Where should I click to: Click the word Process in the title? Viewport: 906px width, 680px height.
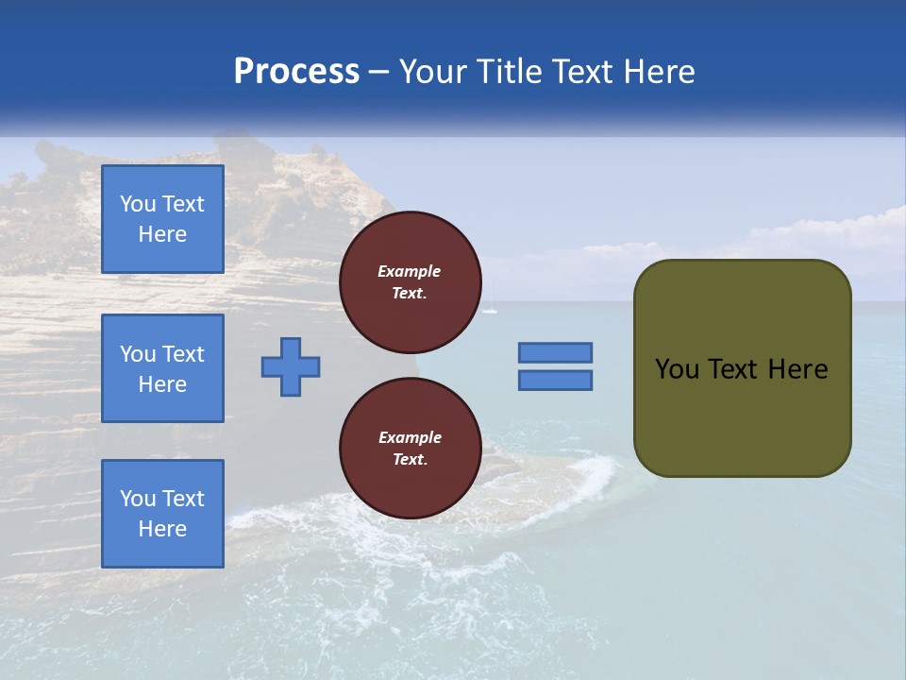click(x=296, y=72)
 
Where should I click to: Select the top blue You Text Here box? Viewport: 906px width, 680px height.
click(x=162, y=219)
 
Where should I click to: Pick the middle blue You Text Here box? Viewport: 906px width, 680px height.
click(x=162, y=368)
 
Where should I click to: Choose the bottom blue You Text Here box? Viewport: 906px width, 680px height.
click(x=162, y=514)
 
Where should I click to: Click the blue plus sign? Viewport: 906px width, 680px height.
click(x=291, y=366)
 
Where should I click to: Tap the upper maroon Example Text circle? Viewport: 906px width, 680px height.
click(x=411, y=282)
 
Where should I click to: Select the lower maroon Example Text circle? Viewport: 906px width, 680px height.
click(x=411, y=449)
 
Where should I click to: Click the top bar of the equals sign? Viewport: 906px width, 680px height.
click(x=555, y=352)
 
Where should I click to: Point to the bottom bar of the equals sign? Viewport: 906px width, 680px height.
click(x=555, y=381)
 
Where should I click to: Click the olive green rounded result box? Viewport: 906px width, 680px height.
click(x=742, y=416)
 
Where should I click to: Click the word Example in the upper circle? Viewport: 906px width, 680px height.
click(x=409, y=271)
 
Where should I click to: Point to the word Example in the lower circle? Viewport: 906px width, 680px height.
click(x=410, y=437)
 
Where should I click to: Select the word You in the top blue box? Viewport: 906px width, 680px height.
click(x=138, y=204)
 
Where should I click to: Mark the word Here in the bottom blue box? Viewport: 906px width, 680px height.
click(x=162, y=529)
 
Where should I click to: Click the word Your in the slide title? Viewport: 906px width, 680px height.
click(x=429, y=72)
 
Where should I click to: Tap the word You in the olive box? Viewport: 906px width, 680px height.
click(x=677, y=369)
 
